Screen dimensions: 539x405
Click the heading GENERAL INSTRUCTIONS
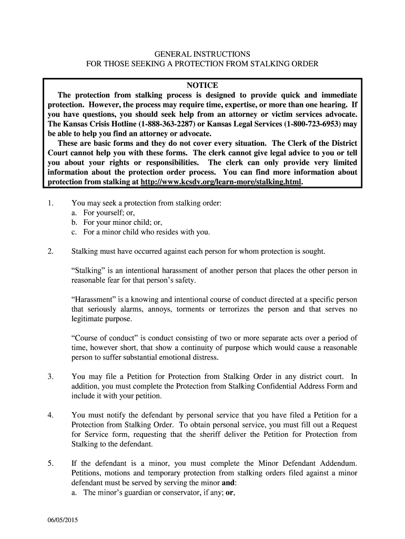click(x=202, y=54)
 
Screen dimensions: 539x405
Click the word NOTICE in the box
click(x=202, y=85)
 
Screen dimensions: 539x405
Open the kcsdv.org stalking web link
click(x=221, y=182)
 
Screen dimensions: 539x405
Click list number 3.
click(x=50, y=376)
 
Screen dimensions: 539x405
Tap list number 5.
click(x=50, y=463)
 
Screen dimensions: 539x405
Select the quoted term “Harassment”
click(x=94, y=300)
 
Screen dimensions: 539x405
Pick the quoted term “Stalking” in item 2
click(x=88, y=271)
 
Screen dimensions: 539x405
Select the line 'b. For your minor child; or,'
click(x=118, y=222)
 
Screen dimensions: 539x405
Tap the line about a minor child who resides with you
click(x=141, y=232)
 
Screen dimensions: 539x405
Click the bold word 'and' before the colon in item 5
click(x=229, y=483)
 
